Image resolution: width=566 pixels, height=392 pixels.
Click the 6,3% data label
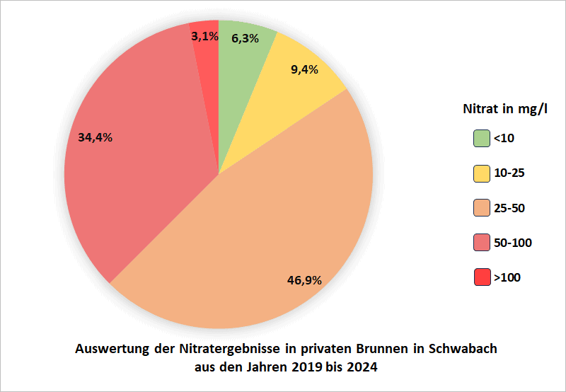[x=245, y=39]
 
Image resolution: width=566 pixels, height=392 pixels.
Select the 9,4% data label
[x=304, y=69]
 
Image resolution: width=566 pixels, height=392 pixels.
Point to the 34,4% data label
[x=95, y=137]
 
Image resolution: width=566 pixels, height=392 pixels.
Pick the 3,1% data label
[x=204, y=36]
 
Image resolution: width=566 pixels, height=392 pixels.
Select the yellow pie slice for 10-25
[x=297, y=92]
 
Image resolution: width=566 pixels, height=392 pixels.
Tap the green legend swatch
[x=482, y=138]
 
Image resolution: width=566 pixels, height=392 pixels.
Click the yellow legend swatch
[x=482, y=173]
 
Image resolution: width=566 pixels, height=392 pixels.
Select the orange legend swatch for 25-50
[x=482, y=208]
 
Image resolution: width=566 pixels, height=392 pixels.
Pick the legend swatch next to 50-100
[x=482, y=243]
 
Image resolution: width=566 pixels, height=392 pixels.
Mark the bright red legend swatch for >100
[x=482, y=277]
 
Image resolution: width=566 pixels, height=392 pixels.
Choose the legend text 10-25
[x=509, y=173]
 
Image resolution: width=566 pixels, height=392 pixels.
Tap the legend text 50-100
[x=512, y=243]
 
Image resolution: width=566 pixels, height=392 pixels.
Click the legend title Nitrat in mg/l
[x=505, y=110]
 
